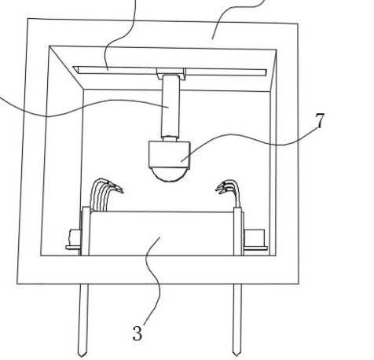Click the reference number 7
320,120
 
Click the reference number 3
137,333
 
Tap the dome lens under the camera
170,174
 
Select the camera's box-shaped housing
169,154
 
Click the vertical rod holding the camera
170,105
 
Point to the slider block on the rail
171,73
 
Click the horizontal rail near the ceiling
170,71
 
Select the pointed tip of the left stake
82,356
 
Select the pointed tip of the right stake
236,355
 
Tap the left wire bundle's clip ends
116,187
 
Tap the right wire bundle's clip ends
222,187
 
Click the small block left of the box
74,237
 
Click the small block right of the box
255,237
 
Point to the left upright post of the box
86,231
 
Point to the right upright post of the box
238,231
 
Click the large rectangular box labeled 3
162,233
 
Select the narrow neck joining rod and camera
170,138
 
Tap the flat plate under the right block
255,248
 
